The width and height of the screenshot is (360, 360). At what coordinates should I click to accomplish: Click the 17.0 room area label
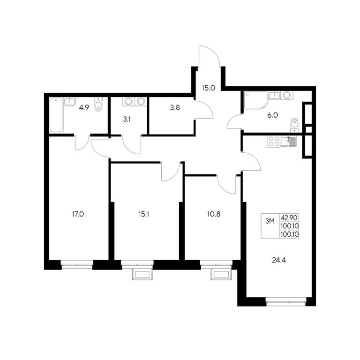78,214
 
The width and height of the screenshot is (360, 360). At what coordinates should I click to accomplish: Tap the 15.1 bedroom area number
144,214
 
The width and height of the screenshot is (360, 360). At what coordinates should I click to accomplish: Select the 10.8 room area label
214,214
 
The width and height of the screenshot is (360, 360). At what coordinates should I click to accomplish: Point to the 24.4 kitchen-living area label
279,260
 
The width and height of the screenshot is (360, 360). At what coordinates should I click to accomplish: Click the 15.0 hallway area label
208,88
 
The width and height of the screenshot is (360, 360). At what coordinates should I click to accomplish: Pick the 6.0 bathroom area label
272,115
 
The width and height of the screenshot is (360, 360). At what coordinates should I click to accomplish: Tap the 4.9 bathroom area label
84,108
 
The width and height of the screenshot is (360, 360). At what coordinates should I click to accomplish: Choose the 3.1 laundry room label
127,120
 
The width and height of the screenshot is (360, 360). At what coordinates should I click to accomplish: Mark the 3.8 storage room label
175,107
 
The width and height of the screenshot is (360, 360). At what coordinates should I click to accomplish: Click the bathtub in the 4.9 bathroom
56,115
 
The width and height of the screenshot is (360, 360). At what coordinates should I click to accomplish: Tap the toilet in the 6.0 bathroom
294,125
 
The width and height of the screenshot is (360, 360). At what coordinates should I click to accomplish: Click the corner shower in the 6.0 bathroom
255,100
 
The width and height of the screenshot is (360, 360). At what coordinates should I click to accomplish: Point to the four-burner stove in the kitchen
274,142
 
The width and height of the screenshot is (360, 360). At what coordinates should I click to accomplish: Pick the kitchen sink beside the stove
289,141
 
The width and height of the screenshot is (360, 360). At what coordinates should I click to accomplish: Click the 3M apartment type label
270,221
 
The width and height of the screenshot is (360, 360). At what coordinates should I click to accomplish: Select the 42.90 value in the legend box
289,217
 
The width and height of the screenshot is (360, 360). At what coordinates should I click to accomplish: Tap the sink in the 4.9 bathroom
69,101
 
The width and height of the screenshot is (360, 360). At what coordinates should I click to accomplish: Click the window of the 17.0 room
77,264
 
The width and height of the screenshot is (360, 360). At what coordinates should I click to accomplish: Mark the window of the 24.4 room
286,301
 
